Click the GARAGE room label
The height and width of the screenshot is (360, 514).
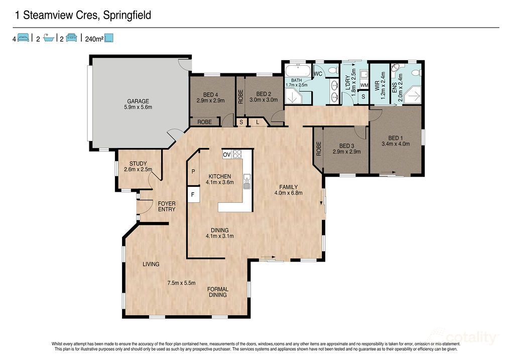(x=138, y=101)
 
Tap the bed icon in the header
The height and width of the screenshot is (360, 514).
(x=23, y=38)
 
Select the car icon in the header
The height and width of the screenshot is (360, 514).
(x=71, y=38)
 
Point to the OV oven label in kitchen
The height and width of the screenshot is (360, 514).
(x=226, y=155)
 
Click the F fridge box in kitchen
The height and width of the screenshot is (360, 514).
(x=192, y=194)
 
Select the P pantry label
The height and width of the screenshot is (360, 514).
(x=193, y=172)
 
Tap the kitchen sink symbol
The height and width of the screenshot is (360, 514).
(x=246, y=181)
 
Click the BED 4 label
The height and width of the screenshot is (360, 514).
(x=210, y=94)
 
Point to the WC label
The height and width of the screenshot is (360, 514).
(x=317, y=74)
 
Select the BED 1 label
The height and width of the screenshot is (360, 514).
(x=396, y=138)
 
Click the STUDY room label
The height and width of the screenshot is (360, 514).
(x=138, y=163)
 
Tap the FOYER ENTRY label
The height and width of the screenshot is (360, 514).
(x=167, y=206)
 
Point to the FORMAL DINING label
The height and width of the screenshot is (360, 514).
(x=217, y=292)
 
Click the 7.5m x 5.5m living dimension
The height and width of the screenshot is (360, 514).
(x=181, y=283)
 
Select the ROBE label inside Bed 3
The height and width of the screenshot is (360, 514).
(x=318, y=148)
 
